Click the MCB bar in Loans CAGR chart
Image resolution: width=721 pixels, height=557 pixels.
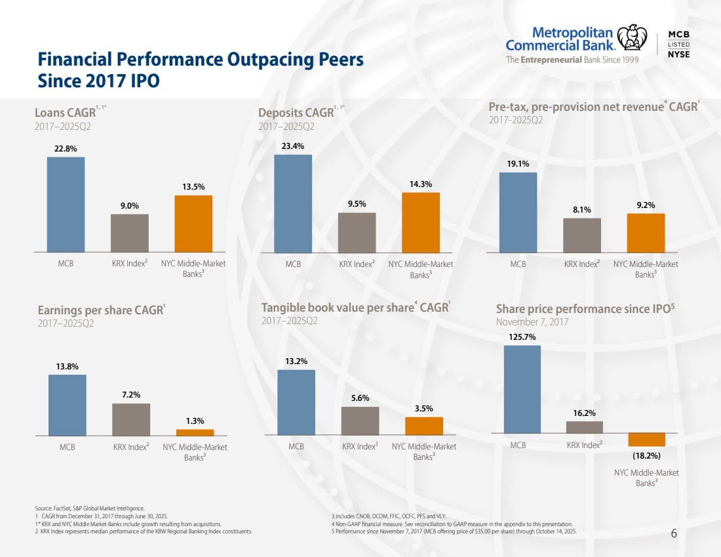click(66, 204)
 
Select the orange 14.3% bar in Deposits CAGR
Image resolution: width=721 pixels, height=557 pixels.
click(421, 222)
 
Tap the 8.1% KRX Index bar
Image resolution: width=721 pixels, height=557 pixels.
click(582, 235)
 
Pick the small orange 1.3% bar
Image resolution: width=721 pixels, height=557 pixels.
click(195, 432)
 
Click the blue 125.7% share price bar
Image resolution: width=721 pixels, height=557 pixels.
click(522, 389)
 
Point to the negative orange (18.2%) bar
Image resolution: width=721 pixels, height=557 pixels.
click(646, 440)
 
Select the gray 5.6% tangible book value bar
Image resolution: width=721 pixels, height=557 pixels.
click(360, 421)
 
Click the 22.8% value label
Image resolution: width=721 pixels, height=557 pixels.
click(66, 148)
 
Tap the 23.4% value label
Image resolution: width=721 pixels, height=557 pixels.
click(292, 146)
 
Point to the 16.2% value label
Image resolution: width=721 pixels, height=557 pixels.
click(584, 413)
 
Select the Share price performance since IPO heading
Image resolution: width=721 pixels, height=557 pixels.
click(585, 309)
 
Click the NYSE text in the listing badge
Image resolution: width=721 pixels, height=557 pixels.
click(678, 54)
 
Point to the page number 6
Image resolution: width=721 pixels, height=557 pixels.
click(674, 533)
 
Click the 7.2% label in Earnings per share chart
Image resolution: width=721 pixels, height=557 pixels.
click(131, 394)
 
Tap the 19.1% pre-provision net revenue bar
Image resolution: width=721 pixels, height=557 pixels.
click(518, 212)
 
